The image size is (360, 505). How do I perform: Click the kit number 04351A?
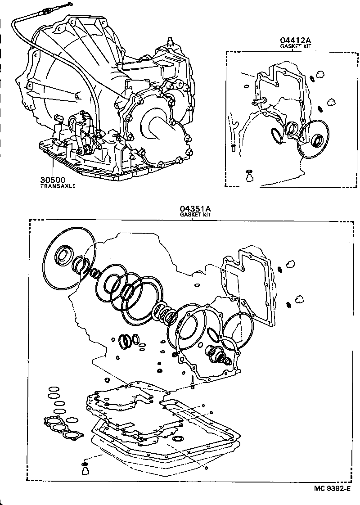(195, 208)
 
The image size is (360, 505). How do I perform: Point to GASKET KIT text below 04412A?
(296, 46)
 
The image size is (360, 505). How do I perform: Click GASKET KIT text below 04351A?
(195, 215)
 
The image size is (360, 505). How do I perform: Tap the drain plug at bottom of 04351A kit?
(84, 469)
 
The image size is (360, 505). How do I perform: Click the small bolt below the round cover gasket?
(192, 382)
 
